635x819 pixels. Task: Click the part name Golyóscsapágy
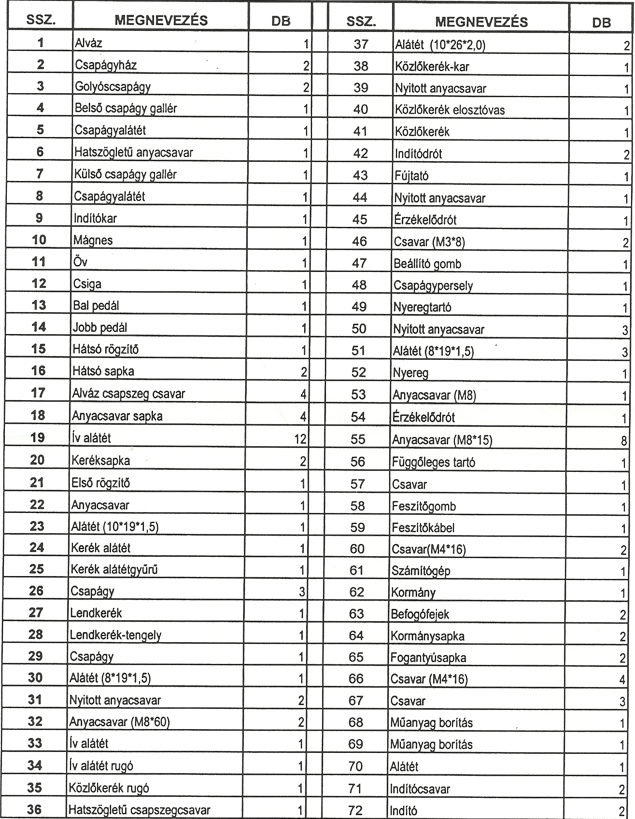113,87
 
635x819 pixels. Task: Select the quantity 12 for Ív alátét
300,438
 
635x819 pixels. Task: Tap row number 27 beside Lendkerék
36,612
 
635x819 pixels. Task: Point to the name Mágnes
93,240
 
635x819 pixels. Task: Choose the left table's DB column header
281,21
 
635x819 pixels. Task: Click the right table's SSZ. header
361,22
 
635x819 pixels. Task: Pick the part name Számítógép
421,571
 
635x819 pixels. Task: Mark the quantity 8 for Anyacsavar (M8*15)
624,440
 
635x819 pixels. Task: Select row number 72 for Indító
355,810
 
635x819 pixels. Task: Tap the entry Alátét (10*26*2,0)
440,45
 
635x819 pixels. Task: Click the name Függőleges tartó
433,462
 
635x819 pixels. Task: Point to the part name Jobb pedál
100,327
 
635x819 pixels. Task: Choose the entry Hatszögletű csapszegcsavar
139,810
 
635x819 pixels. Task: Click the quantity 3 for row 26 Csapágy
302,592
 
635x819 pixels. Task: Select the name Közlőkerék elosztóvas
450,110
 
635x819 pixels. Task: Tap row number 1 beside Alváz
41,42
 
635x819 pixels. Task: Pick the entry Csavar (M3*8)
429,241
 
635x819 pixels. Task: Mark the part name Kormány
413,593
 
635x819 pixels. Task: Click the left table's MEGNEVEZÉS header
161,20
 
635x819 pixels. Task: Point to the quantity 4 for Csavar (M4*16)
622,680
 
